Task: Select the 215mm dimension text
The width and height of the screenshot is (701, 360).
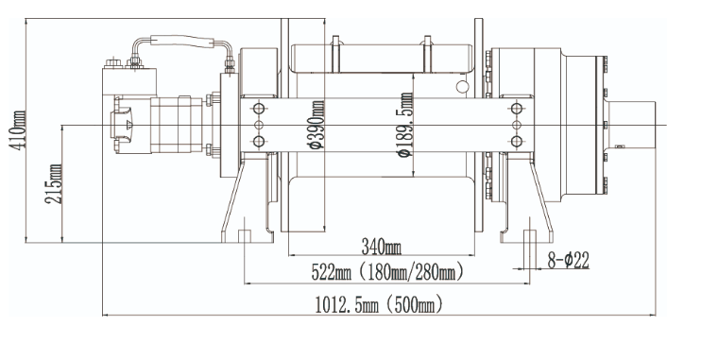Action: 54,183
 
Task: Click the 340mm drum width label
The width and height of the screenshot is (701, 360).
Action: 381,247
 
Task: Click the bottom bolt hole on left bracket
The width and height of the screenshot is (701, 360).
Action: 257,141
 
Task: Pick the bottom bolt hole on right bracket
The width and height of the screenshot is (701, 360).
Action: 515,141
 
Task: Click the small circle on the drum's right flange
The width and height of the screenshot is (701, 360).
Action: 463,88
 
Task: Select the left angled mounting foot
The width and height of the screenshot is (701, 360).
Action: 236,203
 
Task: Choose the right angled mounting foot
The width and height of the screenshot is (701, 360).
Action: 534,203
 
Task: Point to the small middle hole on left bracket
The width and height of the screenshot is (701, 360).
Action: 257,125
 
